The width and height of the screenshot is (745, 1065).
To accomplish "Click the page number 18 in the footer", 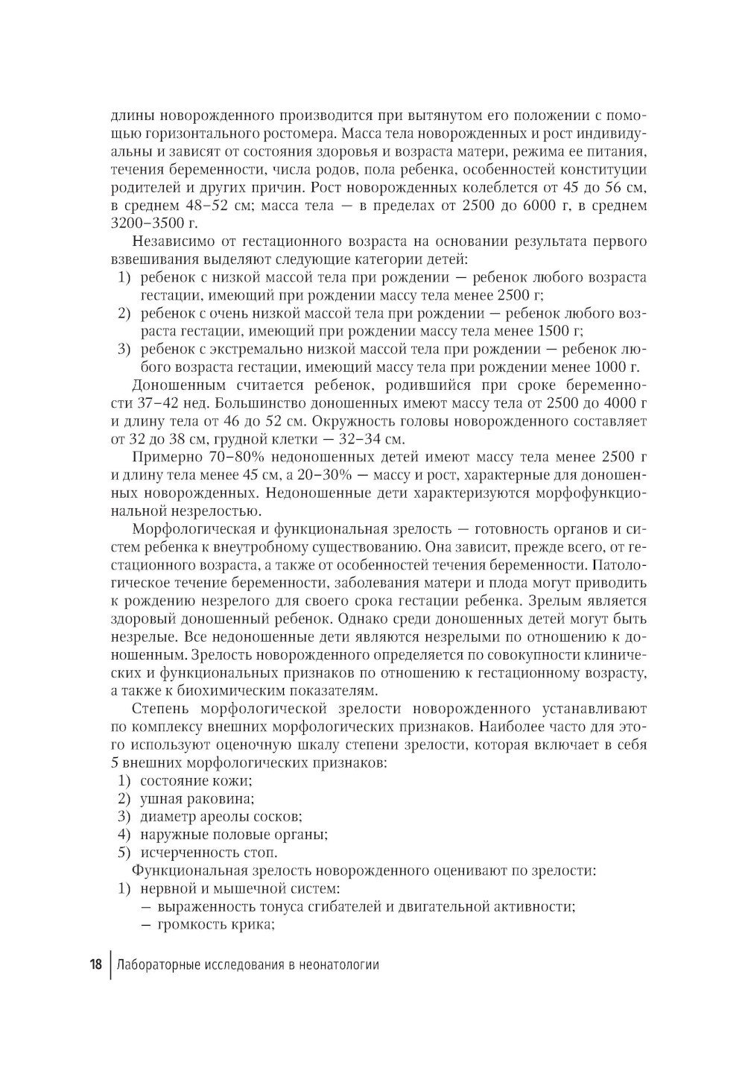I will [x=95, y=964].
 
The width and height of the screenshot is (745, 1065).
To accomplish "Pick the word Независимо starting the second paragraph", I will [x=173, y=241].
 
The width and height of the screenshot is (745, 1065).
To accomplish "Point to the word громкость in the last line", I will [x=189, y=925].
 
